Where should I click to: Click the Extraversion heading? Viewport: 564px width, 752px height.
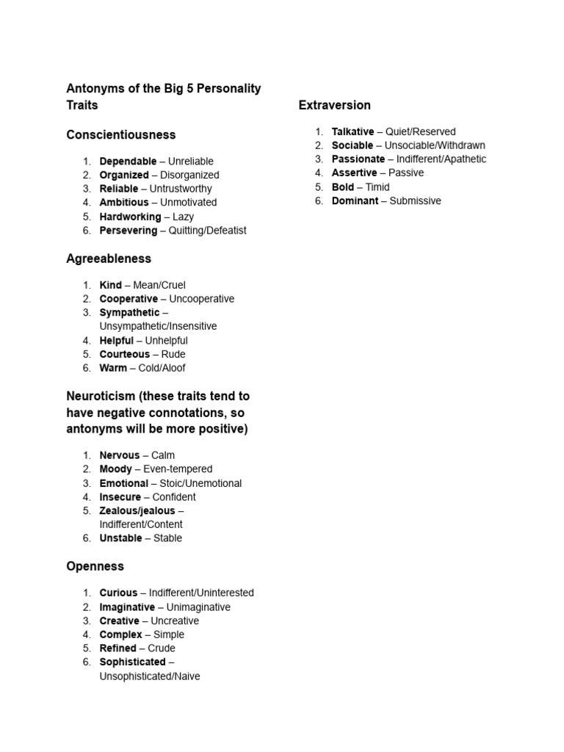(x=334, y=105)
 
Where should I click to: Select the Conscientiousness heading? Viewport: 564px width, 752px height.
(x=121, y=135)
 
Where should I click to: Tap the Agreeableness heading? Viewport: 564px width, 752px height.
(x=109, y=258)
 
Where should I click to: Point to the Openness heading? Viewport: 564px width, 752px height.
(x=95, y=566)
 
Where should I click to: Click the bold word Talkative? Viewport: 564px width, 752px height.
(x=352, y=131)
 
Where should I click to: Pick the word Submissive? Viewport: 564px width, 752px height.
(x=416, y=200)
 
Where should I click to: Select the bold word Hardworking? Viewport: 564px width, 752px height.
(x=130, y=217)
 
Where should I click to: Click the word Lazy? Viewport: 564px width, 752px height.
(x=183, y=217)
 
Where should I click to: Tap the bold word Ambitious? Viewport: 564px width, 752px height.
(x=125, y=202)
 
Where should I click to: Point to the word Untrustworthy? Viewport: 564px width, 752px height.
(x=181, y=189)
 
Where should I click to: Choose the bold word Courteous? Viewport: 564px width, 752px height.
(x=124, y=354)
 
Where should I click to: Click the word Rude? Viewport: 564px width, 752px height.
(x=173, y=354)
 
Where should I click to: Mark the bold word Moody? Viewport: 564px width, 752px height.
(x=116, y=469)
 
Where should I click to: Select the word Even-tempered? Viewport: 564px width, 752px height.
(x=178, y=469)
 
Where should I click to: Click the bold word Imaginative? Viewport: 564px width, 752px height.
(x=127, y=607)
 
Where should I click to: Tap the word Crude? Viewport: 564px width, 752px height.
(x=162, y=648)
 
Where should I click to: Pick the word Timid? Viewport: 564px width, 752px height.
(x=377, y=187)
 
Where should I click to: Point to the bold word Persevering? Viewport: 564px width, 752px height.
(x=128, y=231)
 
